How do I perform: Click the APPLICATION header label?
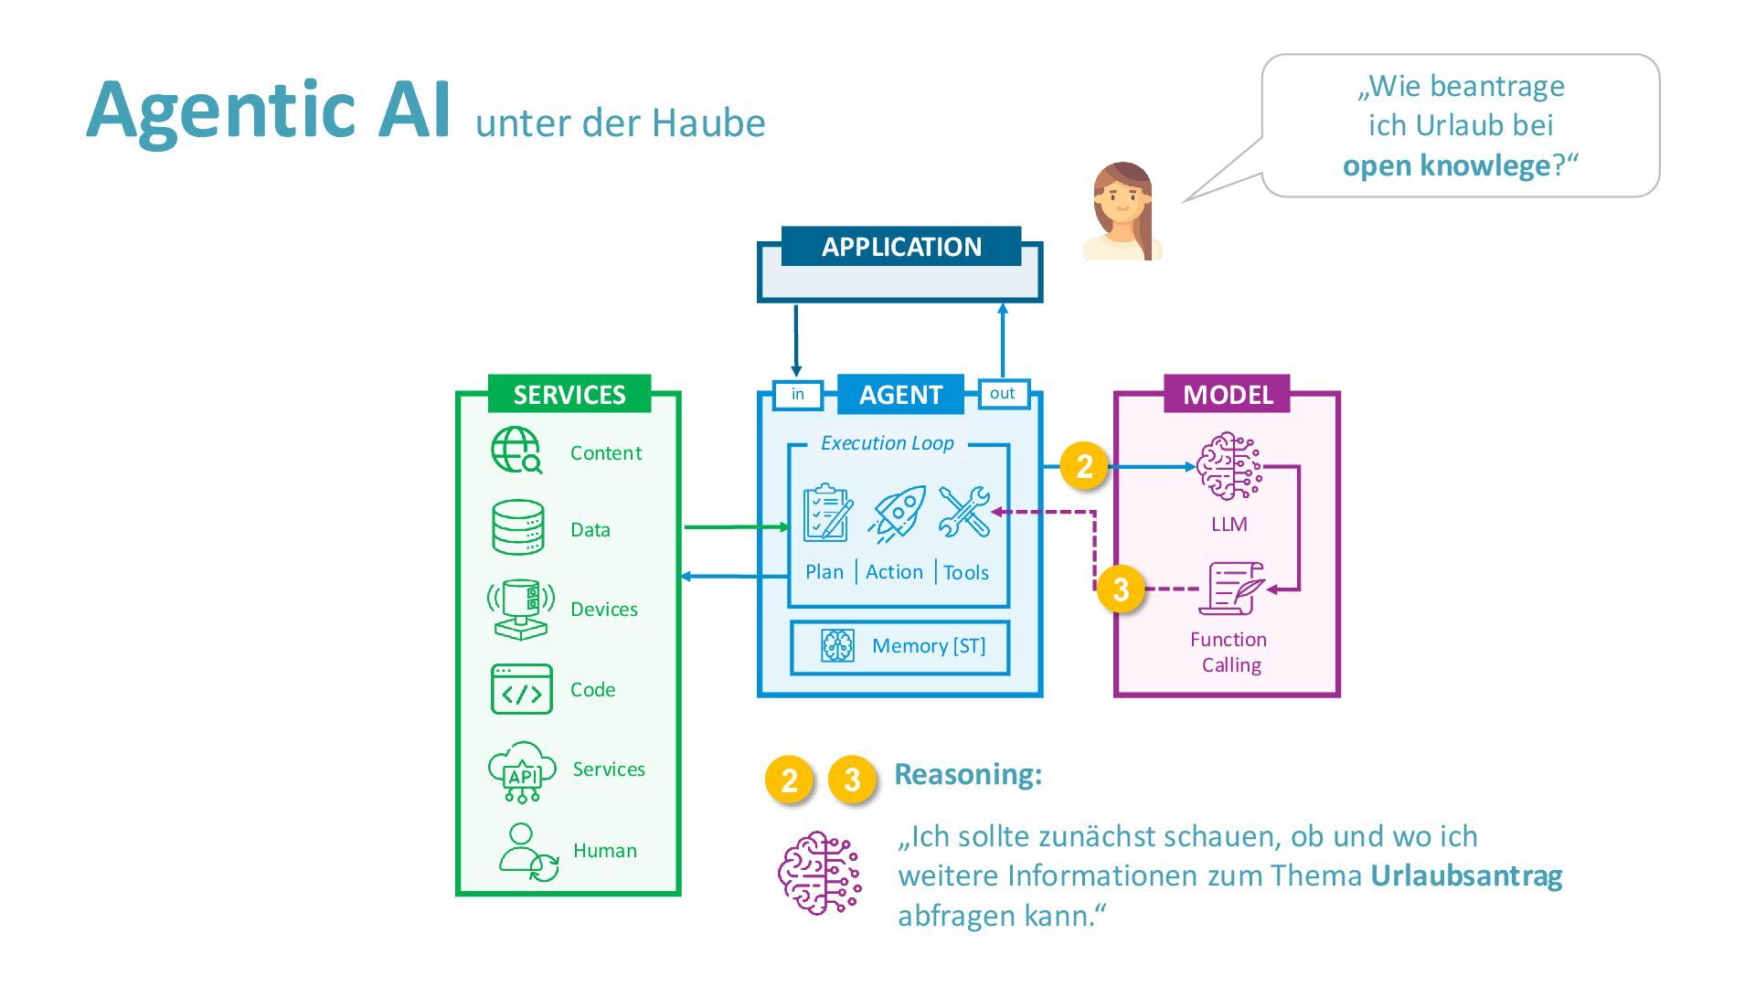point(900,247)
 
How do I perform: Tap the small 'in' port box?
point(797,394)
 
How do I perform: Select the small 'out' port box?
point(1003,393)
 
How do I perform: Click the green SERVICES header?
point(569,394)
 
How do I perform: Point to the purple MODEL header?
point(1227,394)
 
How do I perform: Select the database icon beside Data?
point(518,527)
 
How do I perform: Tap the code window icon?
point(521,689)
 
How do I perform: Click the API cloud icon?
point(521,771)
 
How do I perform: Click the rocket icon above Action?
point(898,514)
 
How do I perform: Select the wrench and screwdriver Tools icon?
point(964,512)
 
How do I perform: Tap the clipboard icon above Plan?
point(826,513)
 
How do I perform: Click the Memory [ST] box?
point(899,647)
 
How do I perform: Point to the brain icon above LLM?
point(1228,467)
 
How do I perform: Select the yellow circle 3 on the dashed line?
point(1121,589)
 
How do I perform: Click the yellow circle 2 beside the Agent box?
point(1084,466)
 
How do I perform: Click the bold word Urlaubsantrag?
point(1466,876)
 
